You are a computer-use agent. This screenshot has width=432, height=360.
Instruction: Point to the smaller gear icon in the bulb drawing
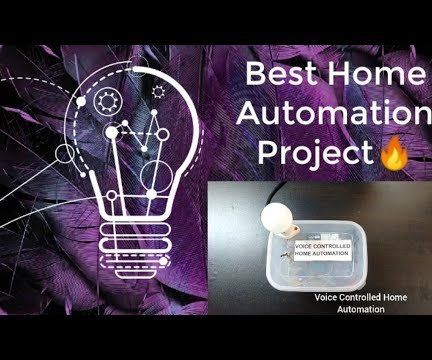157,91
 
